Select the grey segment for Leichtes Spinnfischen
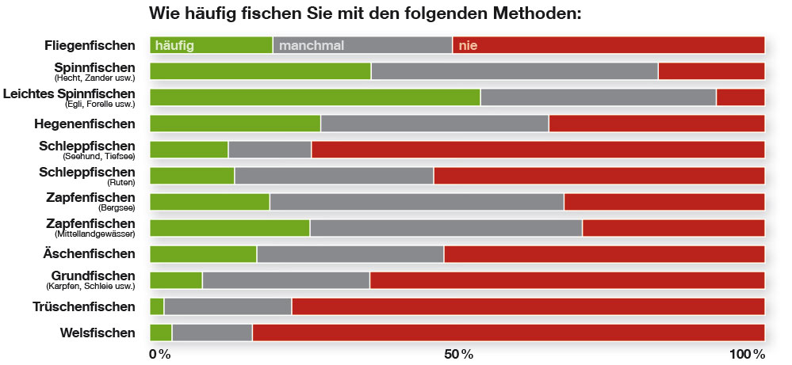click(598, 97)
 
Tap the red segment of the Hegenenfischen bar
click(656, 124)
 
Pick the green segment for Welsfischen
click(160, 333)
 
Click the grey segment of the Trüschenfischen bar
click(228, 306)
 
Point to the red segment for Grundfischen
click(567, 280)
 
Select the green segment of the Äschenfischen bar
click(203, 254)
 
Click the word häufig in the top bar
click(174, 45)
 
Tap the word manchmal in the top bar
click(312, 45)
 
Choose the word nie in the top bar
click(468, 45)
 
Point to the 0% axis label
click(159, 353)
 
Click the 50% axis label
click(457, 353)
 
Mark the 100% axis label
click(748, 353)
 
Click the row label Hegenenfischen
click(85, 124)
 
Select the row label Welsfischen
click(98, 333)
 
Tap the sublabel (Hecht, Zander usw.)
click(94, 78)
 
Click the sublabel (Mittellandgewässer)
click(94, 234)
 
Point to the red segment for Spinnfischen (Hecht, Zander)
click(711, 71)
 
